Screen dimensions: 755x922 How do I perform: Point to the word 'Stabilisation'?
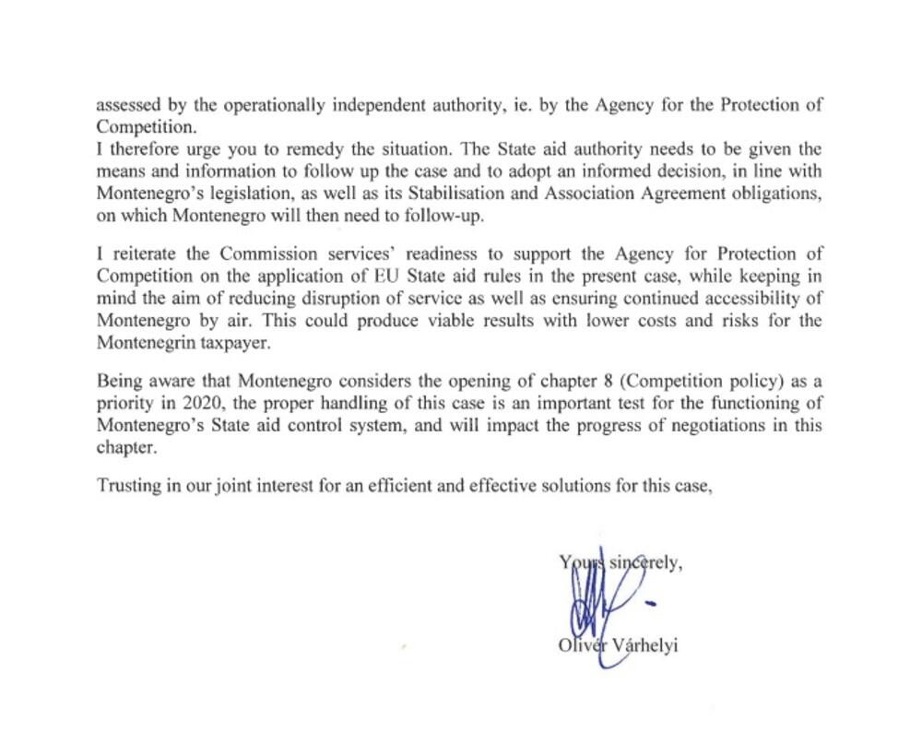480,194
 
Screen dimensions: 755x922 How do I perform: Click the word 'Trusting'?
128,487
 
